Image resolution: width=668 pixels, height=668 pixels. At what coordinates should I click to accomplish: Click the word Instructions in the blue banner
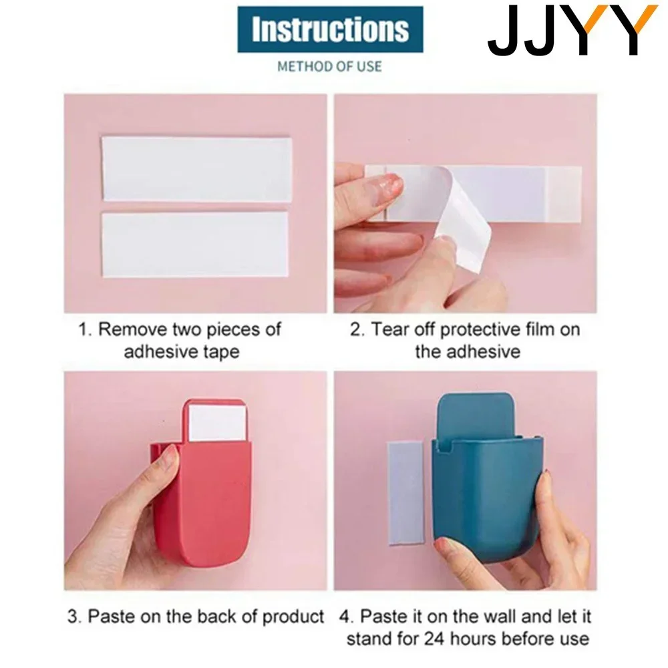click(x=330, y=29)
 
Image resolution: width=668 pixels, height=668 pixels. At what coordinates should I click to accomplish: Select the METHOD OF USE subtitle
click(x=330, y=66)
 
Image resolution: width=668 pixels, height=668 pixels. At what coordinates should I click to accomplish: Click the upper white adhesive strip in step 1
click(x=197, y=169)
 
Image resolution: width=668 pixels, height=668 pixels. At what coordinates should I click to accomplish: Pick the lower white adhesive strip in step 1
click(x=195, y=244)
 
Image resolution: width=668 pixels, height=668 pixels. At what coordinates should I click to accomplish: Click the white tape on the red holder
click(x=217, y=423)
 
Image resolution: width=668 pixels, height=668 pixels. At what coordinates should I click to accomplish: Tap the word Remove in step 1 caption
click(x=132, y=329)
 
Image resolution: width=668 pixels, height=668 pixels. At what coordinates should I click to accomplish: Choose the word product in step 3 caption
click(x=293, y=617)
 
